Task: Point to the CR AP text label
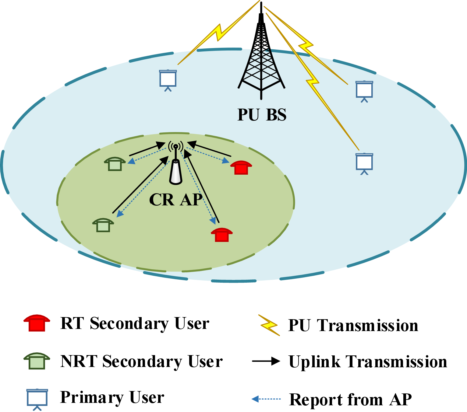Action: (x=176, y=200)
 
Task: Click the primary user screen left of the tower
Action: (x=168, y=80)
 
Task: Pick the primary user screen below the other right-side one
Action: (x=364, y=163)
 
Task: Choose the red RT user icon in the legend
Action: (x=37, y=323)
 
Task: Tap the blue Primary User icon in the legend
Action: (x=37, y=398)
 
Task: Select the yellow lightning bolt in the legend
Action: (x=269, y=325)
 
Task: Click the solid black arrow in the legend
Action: (x=266, y=361)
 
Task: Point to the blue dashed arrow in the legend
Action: (x=266, y=399)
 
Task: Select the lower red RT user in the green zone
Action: (x=222, y=235)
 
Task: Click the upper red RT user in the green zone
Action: (x=241, y=167)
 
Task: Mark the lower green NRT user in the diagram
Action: (x=103, y=225)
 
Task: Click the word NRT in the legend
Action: (x=79, y=361)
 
